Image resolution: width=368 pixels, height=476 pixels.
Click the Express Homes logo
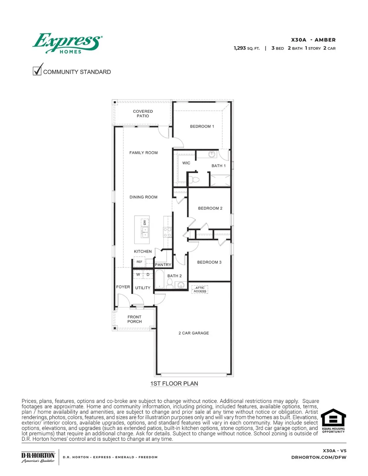pos(67,43)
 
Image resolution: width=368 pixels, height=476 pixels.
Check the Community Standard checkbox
pos(37,70)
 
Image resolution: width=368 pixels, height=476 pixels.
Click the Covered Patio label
pos(143,114)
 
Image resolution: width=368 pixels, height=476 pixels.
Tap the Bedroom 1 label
pos(202,126)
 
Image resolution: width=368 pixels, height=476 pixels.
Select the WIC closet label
pos(186,163)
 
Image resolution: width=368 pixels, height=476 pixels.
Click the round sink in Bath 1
pos(212,154)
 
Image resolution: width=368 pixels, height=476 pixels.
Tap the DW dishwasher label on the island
pos(144,223)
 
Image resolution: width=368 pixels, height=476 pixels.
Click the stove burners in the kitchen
pos(167,232)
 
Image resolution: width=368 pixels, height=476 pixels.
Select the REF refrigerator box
pos(140,262)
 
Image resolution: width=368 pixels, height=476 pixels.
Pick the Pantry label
pos(163,265)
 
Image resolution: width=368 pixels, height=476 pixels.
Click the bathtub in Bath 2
pos(159,279)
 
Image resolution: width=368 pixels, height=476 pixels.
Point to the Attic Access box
pos(200,289)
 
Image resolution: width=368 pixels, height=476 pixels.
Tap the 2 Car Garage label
pos(194,333)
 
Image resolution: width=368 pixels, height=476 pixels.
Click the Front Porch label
pos(135,319)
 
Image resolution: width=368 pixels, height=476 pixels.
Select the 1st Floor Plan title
pos(174,384)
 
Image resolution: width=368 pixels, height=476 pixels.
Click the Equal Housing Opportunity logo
pos(333,421)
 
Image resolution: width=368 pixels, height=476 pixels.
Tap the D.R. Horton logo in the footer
pos(38,457)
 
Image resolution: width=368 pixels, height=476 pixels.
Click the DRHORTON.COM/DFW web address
pos(319,457)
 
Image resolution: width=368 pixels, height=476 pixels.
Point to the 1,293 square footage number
pos(240,48)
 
